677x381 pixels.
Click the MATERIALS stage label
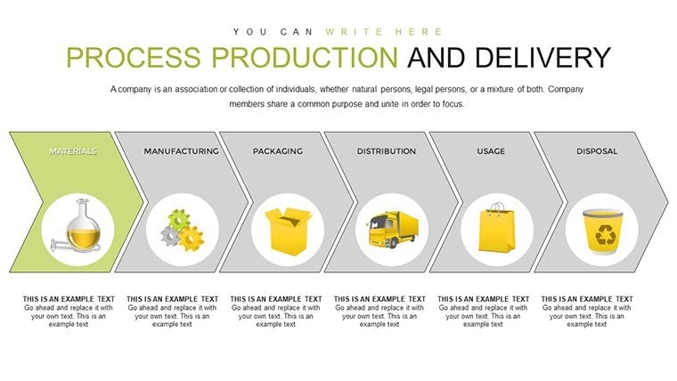[73, 151]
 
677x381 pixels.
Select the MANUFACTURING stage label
[181, 151]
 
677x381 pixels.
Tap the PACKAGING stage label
[277, 151]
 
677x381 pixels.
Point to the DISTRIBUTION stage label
[387, 151]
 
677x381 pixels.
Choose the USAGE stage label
[492, 151]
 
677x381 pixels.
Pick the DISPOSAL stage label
[597, 151]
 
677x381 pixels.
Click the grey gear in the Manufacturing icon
[170, 236]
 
